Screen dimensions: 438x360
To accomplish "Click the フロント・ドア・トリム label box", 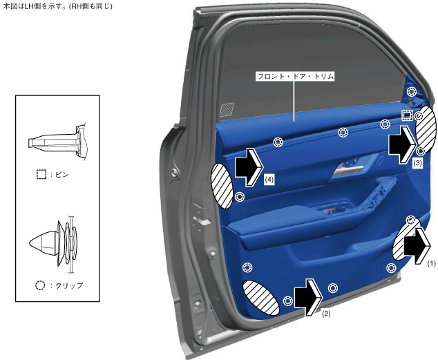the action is click(295, 76).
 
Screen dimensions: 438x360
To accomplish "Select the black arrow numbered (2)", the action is click(309, 297).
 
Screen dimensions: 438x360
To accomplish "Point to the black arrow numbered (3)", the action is click(402, 144).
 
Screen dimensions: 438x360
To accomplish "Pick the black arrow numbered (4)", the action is click(249, 167).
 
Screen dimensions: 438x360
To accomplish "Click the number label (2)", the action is click(326, 314).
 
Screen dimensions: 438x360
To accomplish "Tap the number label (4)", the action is click(269, 180).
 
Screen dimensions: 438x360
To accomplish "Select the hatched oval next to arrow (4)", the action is click(222, 186).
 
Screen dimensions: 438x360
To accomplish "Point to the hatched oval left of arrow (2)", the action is click(260, 298).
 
